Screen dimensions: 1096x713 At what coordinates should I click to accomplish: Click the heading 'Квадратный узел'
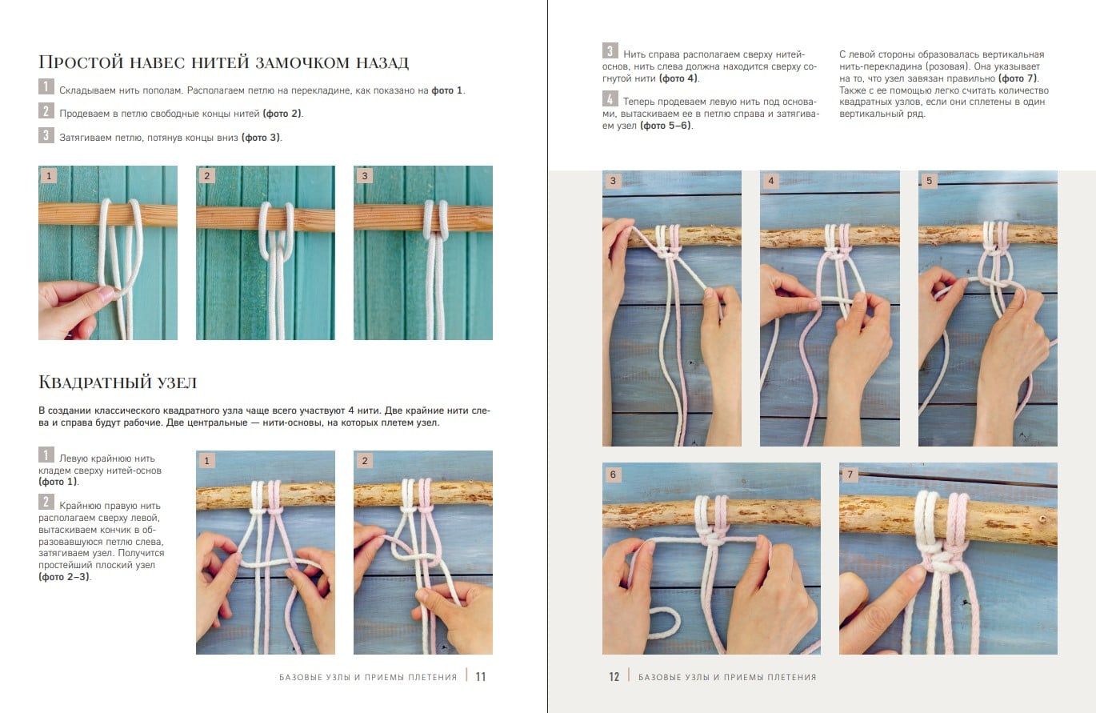(118, 382)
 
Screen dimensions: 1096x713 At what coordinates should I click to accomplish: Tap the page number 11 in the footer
(481, 677)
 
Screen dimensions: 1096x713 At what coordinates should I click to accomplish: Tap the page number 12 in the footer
(614, 677)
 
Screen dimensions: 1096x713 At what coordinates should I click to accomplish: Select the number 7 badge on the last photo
(850, 475)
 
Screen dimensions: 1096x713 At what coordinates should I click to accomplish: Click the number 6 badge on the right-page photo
(613, 475)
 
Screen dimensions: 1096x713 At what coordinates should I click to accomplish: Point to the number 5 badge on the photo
(929, 181)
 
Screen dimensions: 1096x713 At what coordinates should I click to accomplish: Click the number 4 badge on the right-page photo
(770, 181)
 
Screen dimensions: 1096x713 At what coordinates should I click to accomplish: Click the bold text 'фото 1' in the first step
(446, 90)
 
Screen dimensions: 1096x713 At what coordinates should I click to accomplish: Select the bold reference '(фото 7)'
(1018, 78)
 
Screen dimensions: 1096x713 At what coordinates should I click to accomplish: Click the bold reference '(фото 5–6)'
(666, 126)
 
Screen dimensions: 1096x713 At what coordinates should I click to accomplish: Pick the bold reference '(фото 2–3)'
(64, 577)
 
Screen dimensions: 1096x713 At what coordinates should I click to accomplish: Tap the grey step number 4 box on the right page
(610, 98)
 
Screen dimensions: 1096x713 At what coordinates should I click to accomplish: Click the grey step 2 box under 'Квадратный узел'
(46, 502)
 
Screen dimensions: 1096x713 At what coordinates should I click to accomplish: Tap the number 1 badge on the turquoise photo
(49, 176)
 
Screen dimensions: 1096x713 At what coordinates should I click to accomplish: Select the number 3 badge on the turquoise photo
(365, 176)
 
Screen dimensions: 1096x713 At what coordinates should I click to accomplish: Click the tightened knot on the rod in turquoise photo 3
(436, 219)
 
